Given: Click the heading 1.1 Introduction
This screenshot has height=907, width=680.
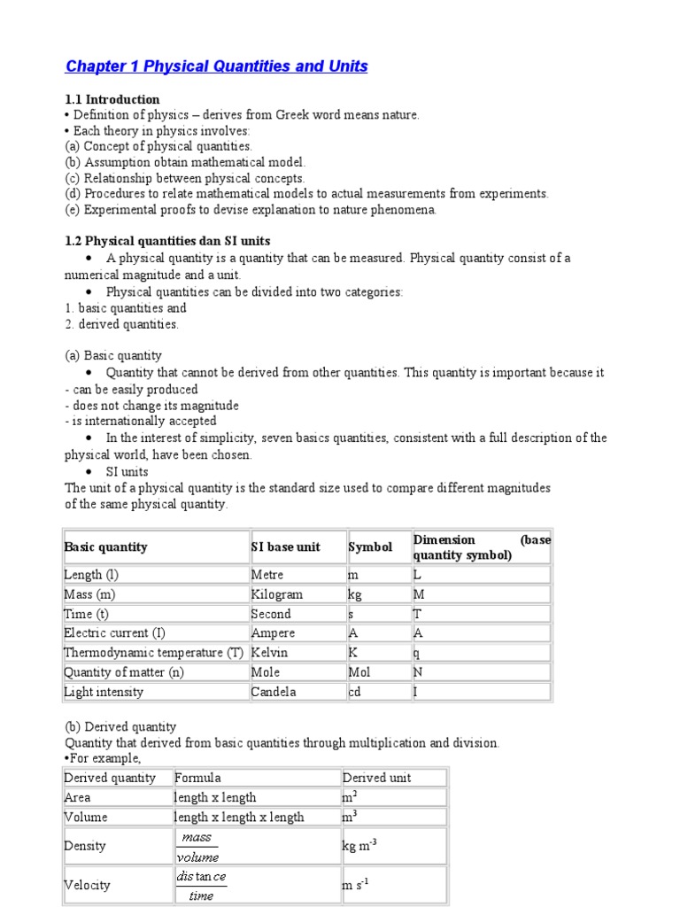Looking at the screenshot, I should (112, 99).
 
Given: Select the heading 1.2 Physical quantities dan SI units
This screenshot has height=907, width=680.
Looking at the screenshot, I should (167, 241).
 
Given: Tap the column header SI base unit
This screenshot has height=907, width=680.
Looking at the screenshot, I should (286, 547).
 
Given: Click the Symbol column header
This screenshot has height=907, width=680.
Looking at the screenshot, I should (370, 547).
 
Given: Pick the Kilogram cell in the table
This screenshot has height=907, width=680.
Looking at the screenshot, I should (277, 594).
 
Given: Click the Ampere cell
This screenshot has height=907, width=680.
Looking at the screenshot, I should (274, 633).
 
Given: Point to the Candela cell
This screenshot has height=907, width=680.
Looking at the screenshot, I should (274, 692).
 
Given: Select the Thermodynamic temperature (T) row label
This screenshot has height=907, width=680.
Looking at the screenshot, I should (153, 653).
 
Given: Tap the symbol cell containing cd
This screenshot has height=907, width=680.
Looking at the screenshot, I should (354, 692).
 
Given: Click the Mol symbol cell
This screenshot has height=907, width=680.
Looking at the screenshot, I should (359, 672).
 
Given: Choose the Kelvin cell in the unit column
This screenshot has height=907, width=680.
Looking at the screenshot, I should (270, 653).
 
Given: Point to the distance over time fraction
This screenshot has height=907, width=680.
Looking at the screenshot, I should (201, 886).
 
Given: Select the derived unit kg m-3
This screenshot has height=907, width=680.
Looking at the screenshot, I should (359, 847).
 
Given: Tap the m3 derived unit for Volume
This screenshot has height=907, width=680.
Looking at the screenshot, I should (350, 817).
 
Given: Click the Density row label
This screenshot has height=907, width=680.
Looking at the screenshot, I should (85, 847).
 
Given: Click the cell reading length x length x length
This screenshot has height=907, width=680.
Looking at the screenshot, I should (239, 817).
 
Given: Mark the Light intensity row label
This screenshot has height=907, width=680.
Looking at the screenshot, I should (104, 692).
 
